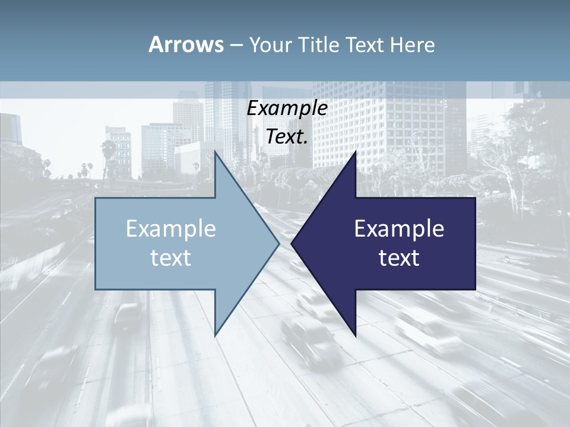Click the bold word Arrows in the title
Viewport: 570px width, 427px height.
pos(185,44)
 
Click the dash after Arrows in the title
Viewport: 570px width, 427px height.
pos(236,46)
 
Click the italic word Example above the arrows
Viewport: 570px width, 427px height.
pos(287,109)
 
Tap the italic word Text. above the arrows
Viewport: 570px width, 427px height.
pos(287,137)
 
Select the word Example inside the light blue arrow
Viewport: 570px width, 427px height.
pos(170,229)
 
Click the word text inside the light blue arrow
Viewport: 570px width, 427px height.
pos(170,258)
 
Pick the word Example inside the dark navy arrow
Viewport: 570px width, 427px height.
pos(399,229)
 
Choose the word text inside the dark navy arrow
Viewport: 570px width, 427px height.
pos(399,258)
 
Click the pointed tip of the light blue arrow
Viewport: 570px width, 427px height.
pos(278,243)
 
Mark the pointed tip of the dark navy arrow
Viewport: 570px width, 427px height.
pos(292,243)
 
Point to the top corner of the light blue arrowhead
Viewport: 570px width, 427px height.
pos(216,152)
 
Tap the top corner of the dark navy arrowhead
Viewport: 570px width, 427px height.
pos(355,152)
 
